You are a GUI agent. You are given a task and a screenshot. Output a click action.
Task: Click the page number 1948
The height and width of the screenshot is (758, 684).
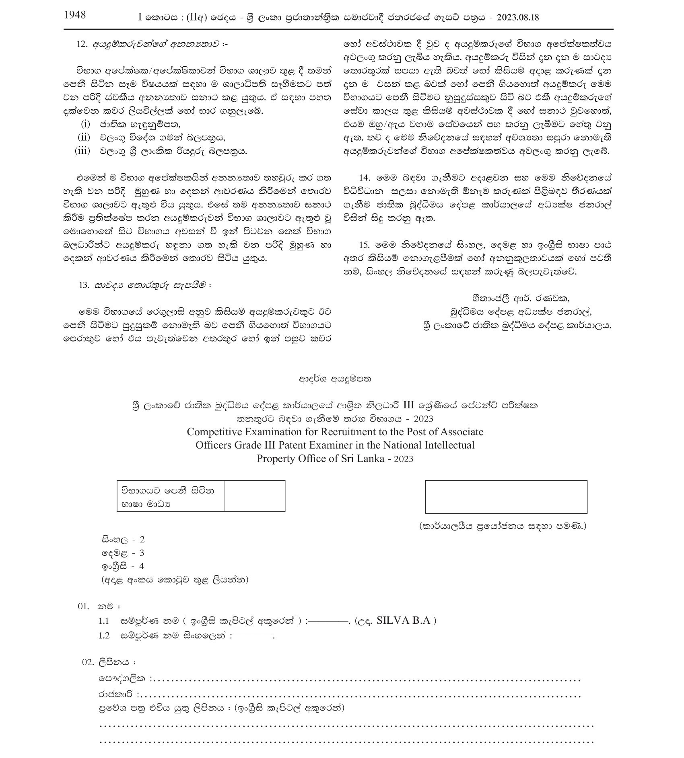point(75,15)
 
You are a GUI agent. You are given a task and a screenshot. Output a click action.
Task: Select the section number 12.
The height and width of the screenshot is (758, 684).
point(82,44)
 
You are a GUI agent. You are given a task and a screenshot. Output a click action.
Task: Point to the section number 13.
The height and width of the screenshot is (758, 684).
point(84,285)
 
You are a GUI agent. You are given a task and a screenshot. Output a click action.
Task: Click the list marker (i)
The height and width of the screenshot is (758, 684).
point(85,124)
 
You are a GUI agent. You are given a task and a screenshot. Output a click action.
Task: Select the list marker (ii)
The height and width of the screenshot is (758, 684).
point(84,137)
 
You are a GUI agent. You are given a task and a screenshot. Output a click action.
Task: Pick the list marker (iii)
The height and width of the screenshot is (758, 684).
point(82,151)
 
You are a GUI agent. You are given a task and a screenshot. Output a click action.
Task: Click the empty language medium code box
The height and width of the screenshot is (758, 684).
point(254,496)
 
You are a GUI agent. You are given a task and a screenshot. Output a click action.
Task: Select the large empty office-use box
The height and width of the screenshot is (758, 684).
point(506,497)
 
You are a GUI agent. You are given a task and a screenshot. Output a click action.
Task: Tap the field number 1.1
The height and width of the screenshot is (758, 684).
point(104,621)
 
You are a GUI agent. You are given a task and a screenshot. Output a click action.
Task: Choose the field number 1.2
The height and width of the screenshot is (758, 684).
point(104,636)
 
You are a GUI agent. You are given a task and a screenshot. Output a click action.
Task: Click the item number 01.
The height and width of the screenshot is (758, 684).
point(83,606)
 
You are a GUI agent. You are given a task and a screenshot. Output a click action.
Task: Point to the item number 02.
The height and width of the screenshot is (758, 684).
point(88,662)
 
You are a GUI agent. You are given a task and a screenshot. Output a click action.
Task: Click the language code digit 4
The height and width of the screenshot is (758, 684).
point(141,566)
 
